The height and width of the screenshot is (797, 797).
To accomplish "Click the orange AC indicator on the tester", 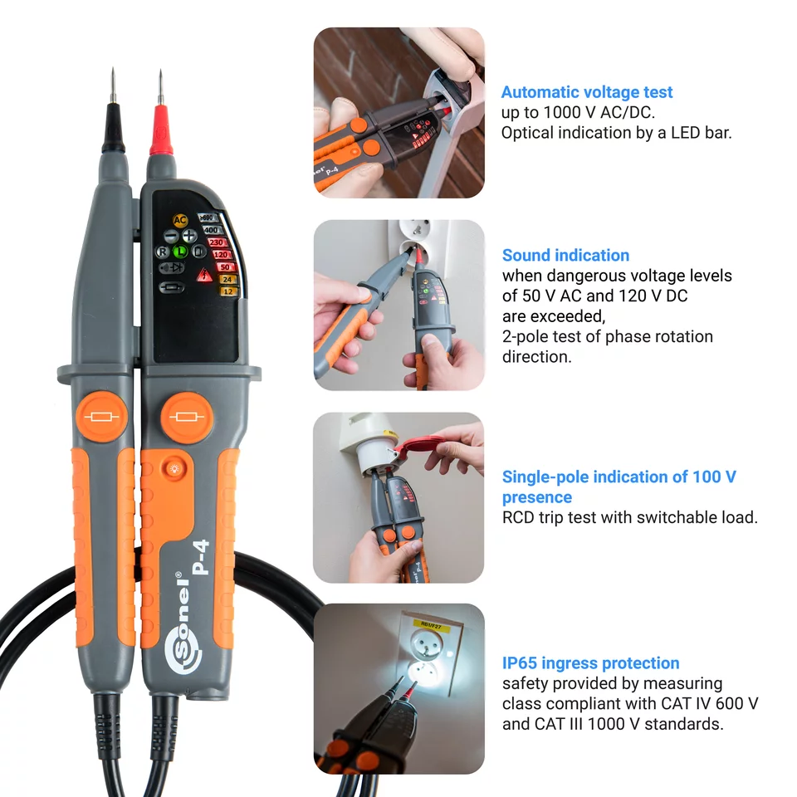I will [180, 220].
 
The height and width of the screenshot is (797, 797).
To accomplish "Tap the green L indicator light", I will [180, 251].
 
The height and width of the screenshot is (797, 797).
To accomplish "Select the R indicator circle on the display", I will [163, 251].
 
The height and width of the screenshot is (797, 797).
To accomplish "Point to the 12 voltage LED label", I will [226, 291].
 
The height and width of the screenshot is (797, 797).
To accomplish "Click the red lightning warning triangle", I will [203, 276].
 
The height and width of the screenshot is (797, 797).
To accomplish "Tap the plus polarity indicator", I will [190, 235].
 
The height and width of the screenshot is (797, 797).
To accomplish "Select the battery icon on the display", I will [174, 287].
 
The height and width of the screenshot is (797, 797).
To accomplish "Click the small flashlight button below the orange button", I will [174, 470].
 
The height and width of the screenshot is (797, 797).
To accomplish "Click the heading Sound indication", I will [565, 256].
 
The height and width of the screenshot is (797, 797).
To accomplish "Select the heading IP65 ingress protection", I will [590, 663].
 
